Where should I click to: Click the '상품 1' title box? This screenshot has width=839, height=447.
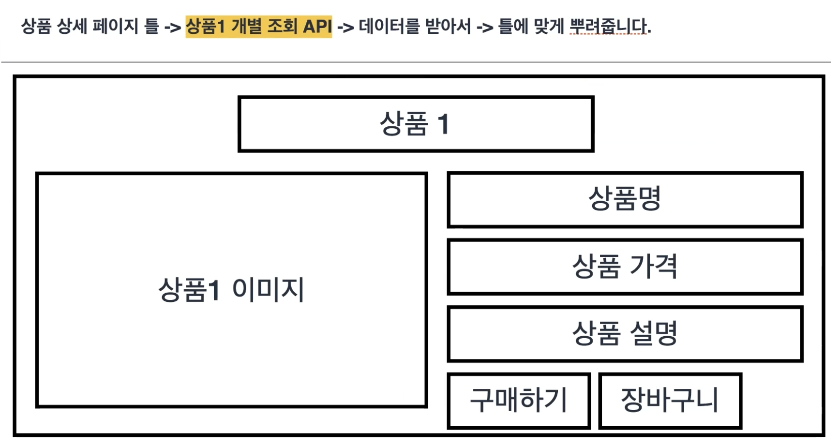point(416,124)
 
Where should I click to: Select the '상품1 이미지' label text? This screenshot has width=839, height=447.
point(231,289)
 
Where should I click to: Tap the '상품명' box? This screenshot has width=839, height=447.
point(625,199)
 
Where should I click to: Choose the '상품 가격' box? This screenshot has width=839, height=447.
point(625,266)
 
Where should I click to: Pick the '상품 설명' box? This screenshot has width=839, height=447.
point(625,333)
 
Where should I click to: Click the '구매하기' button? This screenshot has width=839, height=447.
point(518,401)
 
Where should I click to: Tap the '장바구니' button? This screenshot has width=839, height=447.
point(670,401)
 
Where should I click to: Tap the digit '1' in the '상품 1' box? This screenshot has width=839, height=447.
point(443,124)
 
